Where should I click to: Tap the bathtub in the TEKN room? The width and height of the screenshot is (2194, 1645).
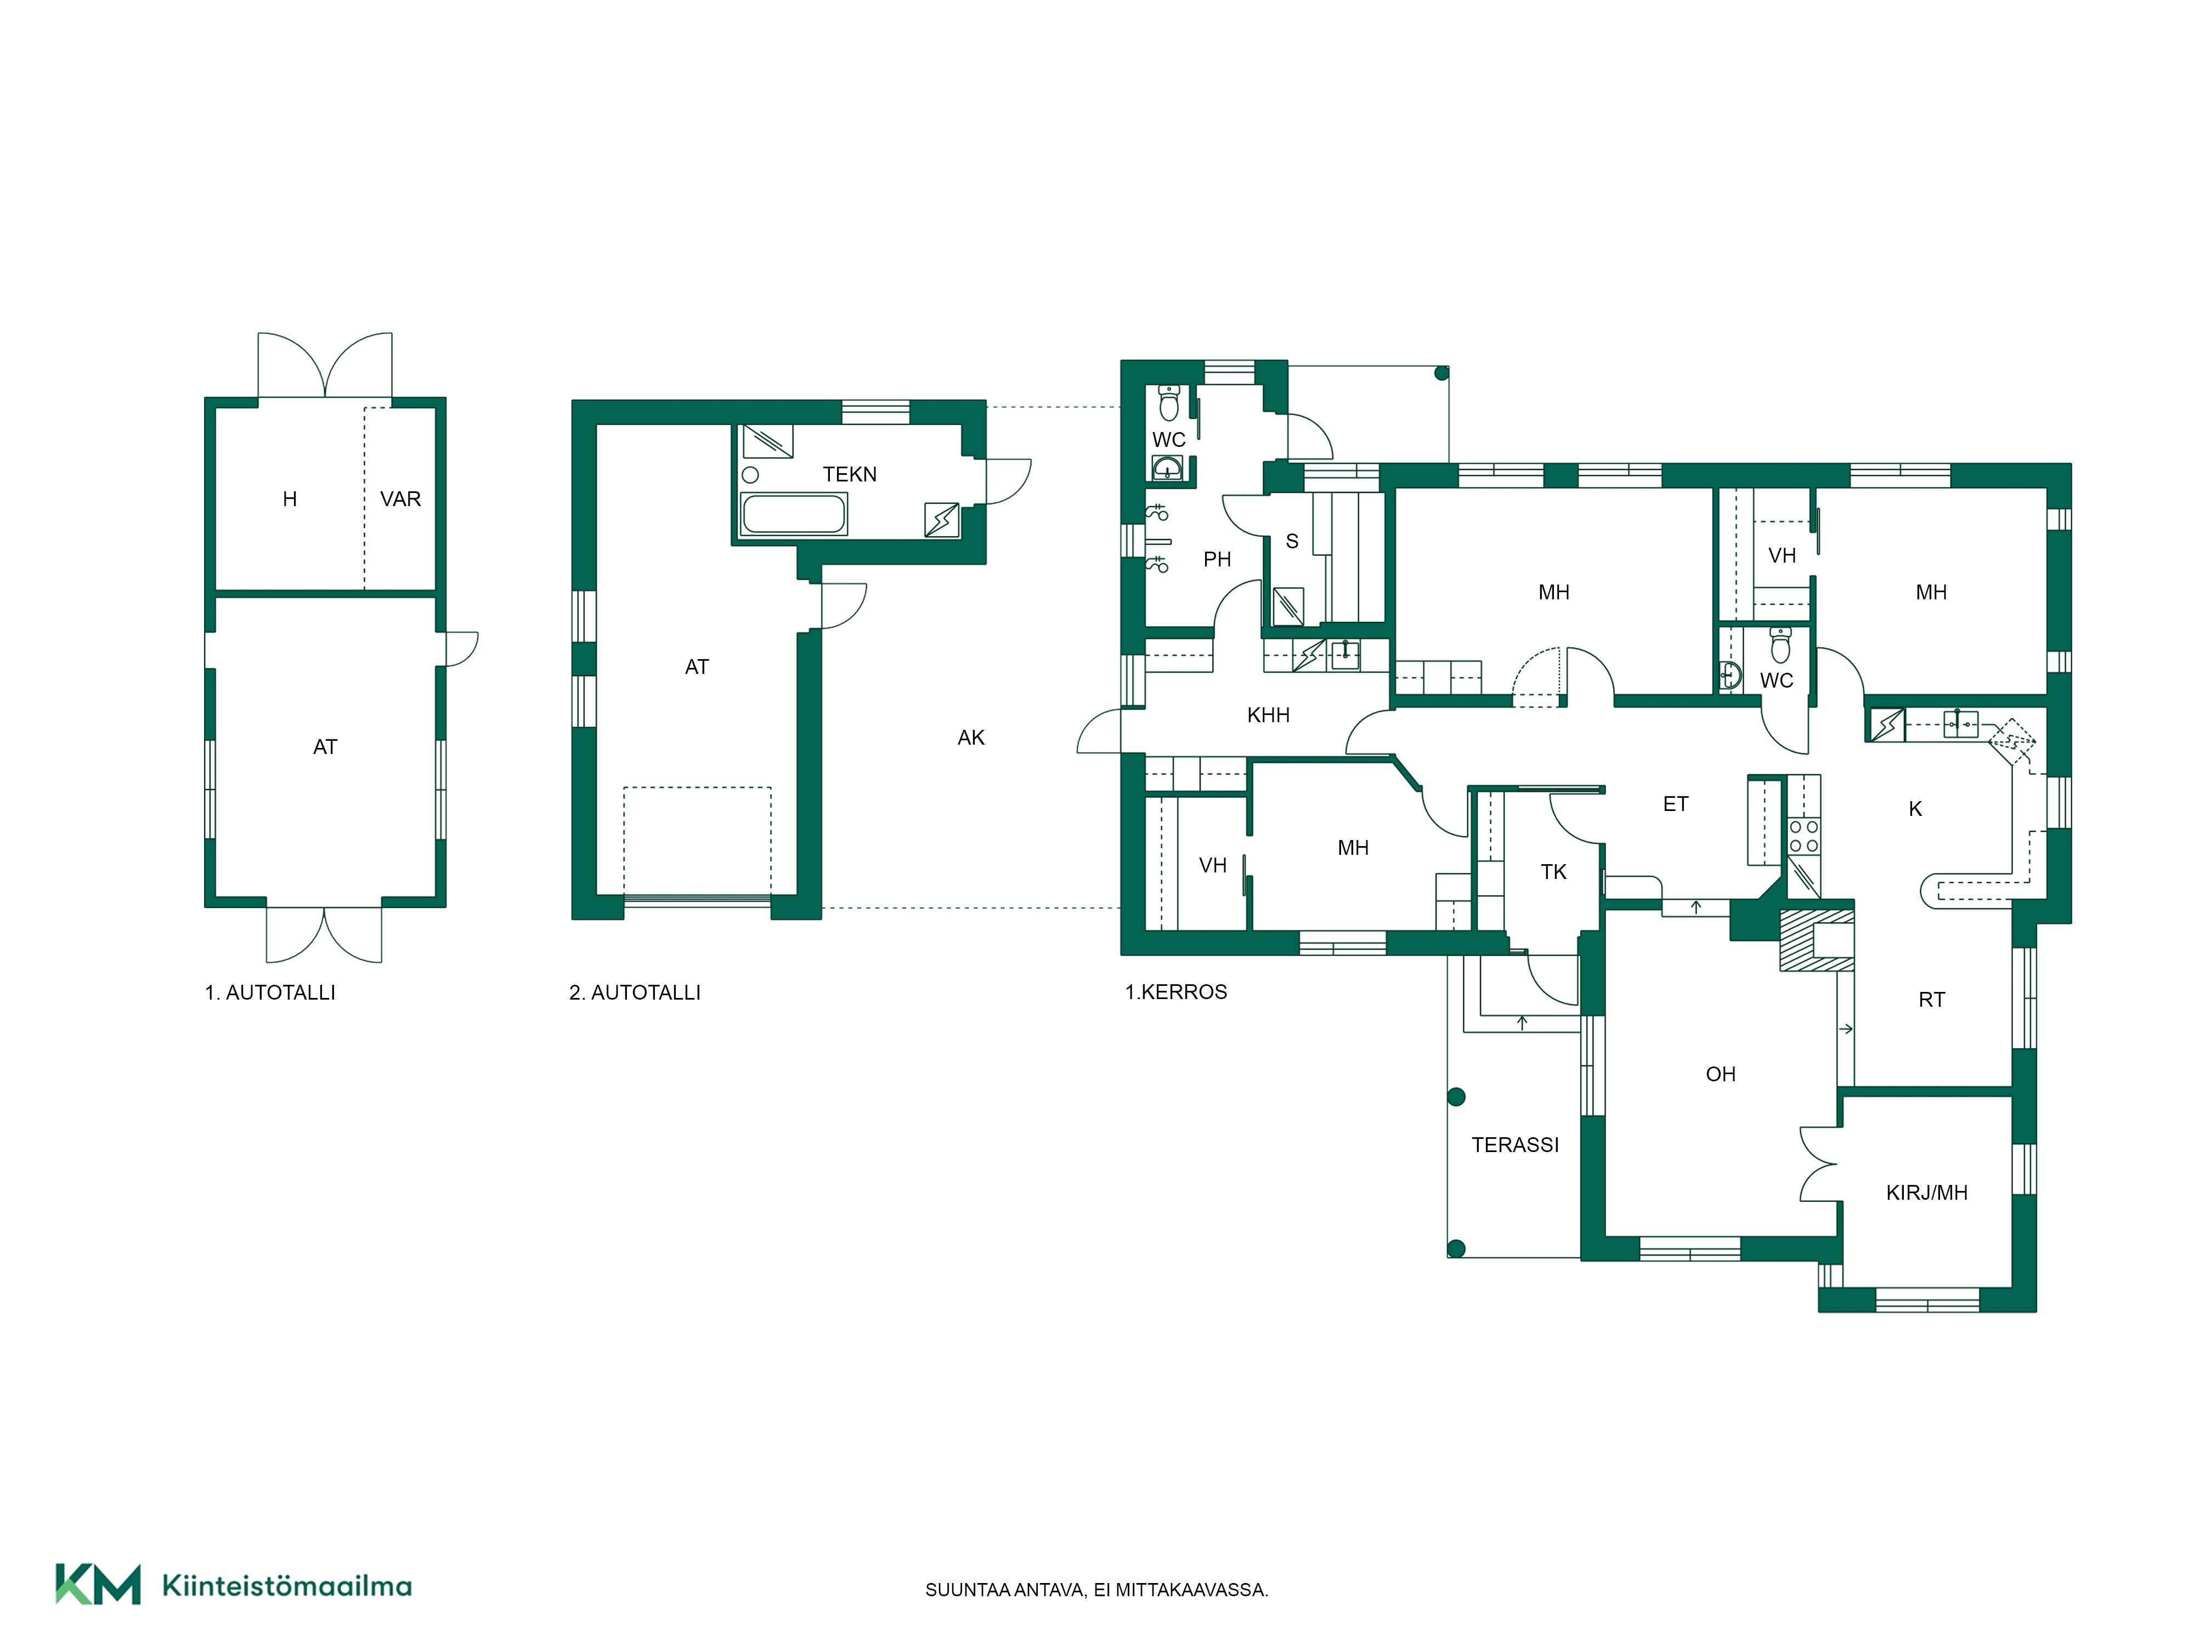point(794,514)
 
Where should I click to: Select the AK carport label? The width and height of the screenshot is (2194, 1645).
point(971,738)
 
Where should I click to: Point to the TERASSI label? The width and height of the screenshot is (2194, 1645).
point(1514,1145)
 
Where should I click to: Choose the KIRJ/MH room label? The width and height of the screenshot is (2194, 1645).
point(1926,1193)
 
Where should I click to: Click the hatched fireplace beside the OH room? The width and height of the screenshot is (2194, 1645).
point(1816,940)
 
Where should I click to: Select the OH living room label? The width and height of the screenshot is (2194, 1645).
point(1720,1074)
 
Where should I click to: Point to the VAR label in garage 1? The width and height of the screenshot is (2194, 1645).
point(401,500)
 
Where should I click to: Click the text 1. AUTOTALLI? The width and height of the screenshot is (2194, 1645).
point(270,992)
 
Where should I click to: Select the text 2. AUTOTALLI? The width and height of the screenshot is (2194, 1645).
point(635,992)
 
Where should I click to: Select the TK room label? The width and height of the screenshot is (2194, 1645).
point(1553,872)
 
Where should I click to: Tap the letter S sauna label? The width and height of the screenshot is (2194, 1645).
point(1291,541)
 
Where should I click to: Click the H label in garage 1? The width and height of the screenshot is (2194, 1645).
point(290,500)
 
